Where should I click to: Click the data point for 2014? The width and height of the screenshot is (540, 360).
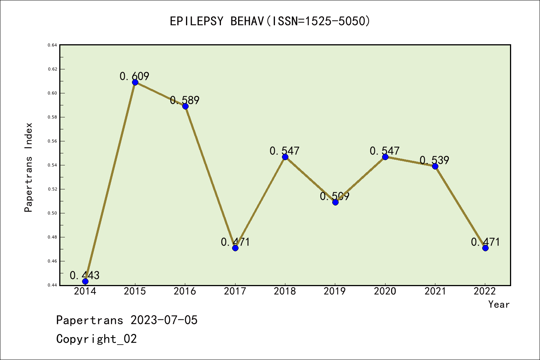[85, 281]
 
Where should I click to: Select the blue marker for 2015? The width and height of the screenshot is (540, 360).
[135, 82]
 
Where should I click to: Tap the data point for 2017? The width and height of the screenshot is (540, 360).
[235, 248]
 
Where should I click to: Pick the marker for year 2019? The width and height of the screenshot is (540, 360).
[335, 202]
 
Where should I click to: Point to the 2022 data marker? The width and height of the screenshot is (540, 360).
[485, 248]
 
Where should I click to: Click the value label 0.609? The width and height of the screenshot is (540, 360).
[134, 76]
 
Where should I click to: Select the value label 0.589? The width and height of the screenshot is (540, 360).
[184, 100]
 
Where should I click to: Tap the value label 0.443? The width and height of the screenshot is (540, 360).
[84, 275]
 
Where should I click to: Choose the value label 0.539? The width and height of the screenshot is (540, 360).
[434, 160]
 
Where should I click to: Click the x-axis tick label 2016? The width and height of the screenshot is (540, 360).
[185, 291]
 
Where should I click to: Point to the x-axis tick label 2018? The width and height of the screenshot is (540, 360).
[285, 291]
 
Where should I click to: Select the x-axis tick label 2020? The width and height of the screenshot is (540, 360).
[385, 291]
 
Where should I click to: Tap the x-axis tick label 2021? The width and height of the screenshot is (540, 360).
[435, 291]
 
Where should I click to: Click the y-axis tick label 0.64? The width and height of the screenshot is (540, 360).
[52, 45]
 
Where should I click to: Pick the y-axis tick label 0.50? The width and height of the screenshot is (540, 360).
[52, 213]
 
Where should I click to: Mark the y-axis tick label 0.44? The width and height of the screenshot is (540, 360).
[52, 285]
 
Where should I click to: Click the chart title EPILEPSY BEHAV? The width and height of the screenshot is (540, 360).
[270, 21]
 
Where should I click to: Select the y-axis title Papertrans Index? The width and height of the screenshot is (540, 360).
[28, 167]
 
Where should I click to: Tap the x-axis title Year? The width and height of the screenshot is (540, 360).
[499, 304]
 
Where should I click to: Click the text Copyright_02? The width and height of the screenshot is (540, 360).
[96, 339]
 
